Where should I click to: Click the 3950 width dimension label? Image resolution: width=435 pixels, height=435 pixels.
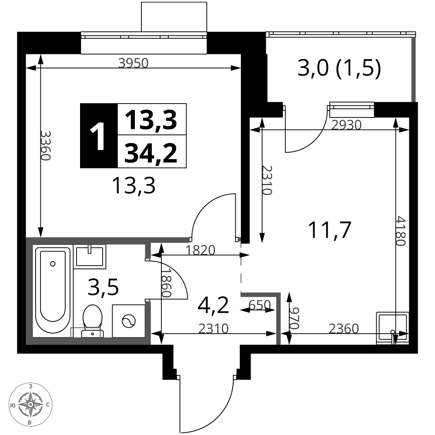coord(134,63)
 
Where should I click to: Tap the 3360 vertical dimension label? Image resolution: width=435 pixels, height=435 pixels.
coord(45,145)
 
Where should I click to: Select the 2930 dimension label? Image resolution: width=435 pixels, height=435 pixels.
coord(347,125)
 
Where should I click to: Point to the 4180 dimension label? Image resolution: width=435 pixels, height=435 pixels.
coord(401,231)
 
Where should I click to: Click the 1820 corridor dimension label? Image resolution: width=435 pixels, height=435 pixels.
coord(200,250)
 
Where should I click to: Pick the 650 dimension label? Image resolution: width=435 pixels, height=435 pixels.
coord(260,305)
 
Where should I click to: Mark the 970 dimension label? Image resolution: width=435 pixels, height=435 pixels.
coord(294,318)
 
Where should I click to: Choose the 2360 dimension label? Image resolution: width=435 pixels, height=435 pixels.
coord(344,329)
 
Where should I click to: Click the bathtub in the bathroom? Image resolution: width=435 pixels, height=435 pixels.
coord(53,290)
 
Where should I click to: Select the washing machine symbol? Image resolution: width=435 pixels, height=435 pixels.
coord(129,321)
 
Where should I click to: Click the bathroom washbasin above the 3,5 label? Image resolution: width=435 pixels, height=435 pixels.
coord(90,257)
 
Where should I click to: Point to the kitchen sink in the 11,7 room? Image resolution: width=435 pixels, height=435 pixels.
coord(392,328)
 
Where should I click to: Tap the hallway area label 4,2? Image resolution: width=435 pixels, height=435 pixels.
coord(213,305)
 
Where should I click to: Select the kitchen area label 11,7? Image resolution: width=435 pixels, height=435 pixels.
coord(330,230)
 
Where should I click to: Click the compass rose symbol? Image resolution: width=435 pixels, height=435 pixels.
coord(30,404)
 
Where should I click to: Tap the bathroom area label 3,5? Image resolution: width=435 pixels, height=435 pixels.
coord(103,288)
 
